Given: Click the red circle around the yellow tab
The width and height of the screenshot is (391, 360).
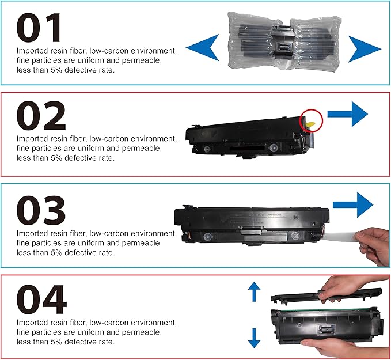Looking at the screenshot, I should coord(312,119).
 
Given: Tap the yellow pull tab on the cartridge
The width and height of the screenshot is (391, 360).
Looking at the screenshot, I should coord(311,122).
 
